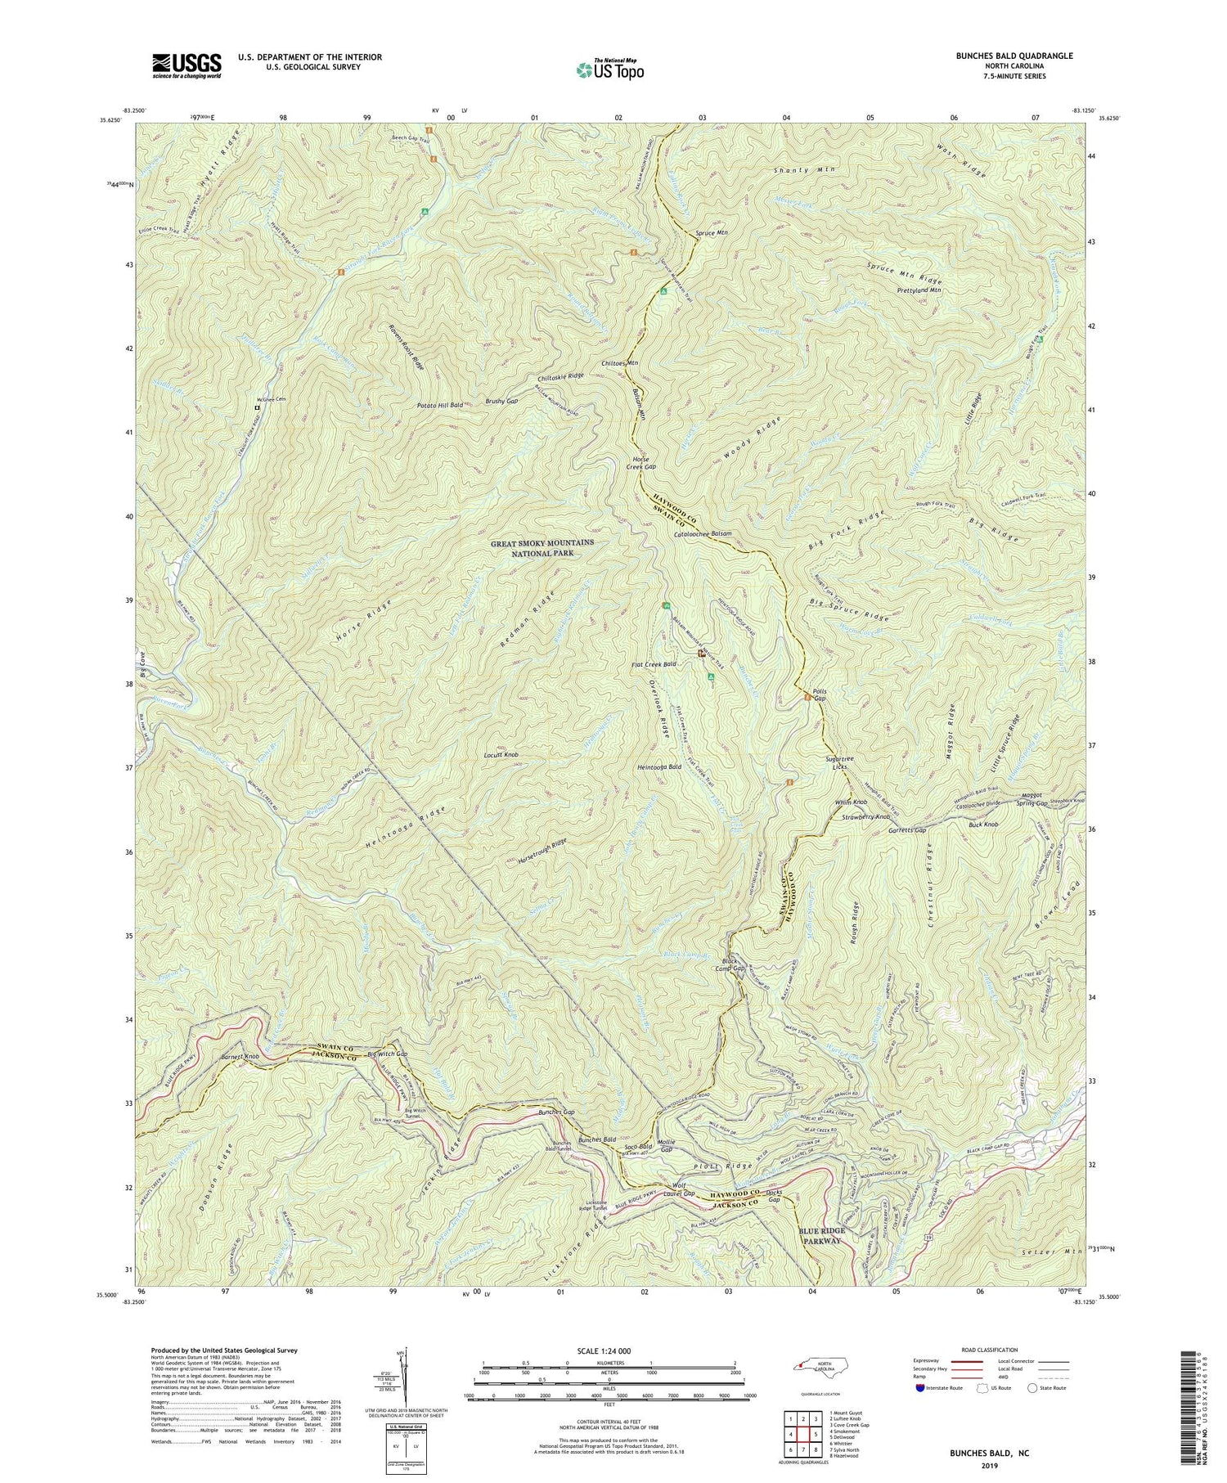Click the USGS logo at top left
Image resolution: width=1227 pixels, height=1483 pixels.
(186, 65)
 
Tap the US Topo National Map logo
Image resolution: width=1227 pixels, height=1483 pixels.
(609, 70)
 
